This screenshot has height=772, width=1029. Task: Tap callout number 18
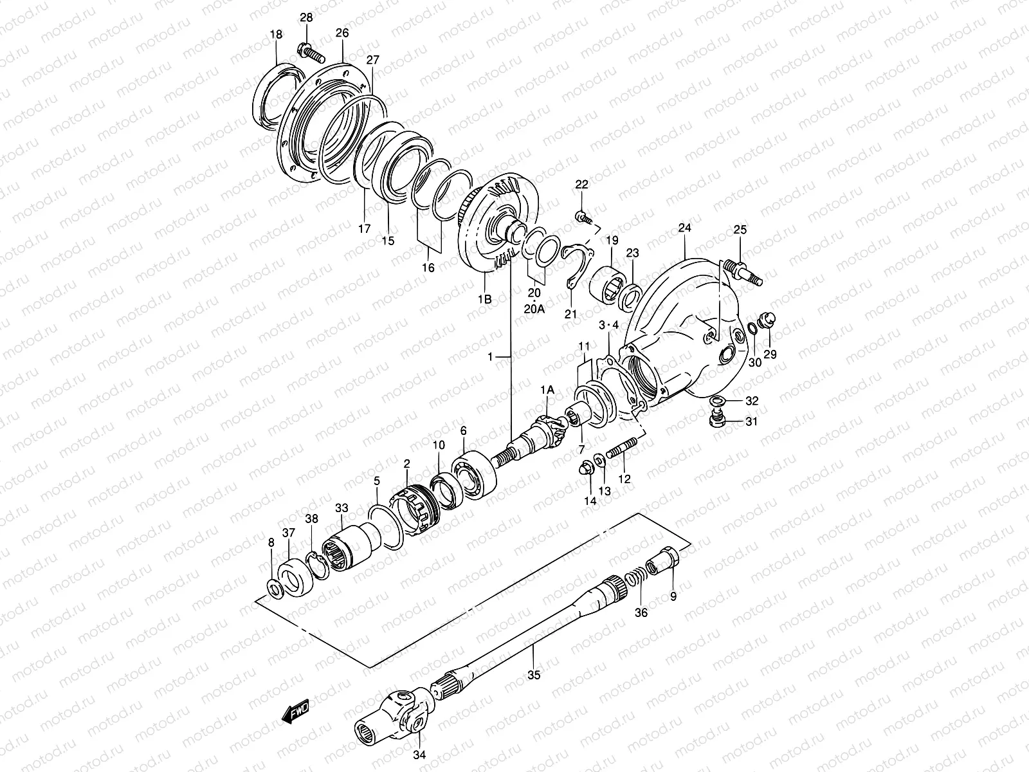(x=276, y=35)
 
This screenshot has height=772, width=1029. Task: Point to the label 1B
(x=484, y=299)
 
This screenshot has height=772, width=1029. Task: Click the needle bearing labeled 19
(x=608, y=282)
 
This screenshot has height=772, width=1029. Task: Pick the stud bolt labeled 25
(x=744, y=270)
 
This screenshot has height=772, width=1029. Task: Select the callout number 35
(x=534, y=675)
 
